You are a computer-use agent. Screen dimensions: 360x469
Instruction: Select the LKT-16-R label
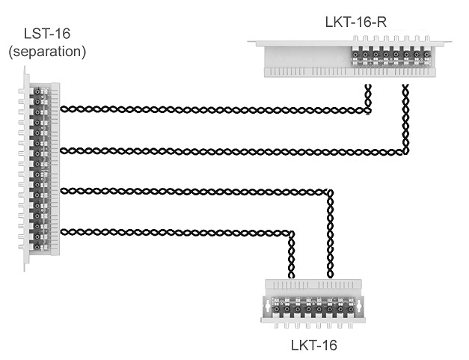pyautogui.click(x=357, y=21)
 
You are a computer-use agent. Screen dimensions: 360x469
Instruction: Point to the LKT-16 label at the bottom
pyautogui.click(x=313, y=346)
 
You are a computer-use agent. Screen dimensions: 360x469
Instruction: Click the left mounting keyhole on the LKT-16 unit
pyautogui.click(x=269, y=306)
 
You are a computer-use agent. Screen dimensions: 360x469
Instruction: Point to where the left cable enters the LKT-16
pyautogui.click(x=292, y=275)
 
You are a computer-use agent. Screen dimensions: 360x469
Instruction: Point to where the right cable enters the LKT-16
pyautogui.click(x=329, y=275)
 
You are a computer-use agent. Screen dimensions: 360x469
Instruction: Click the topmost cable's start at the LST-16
pyautogui.click(x=62, y=109)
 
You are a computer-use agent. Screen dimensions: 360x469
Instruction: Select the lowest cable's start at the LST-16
pyautogui.click(x=62, y=231)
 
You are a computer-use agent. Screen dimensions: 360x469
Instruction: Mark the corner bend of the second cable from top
pyautogui.click(x=405, y=151)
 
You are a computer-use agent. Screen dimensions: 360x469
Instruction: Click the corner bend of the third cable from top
pyautogui.click(x=329, y=192)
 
